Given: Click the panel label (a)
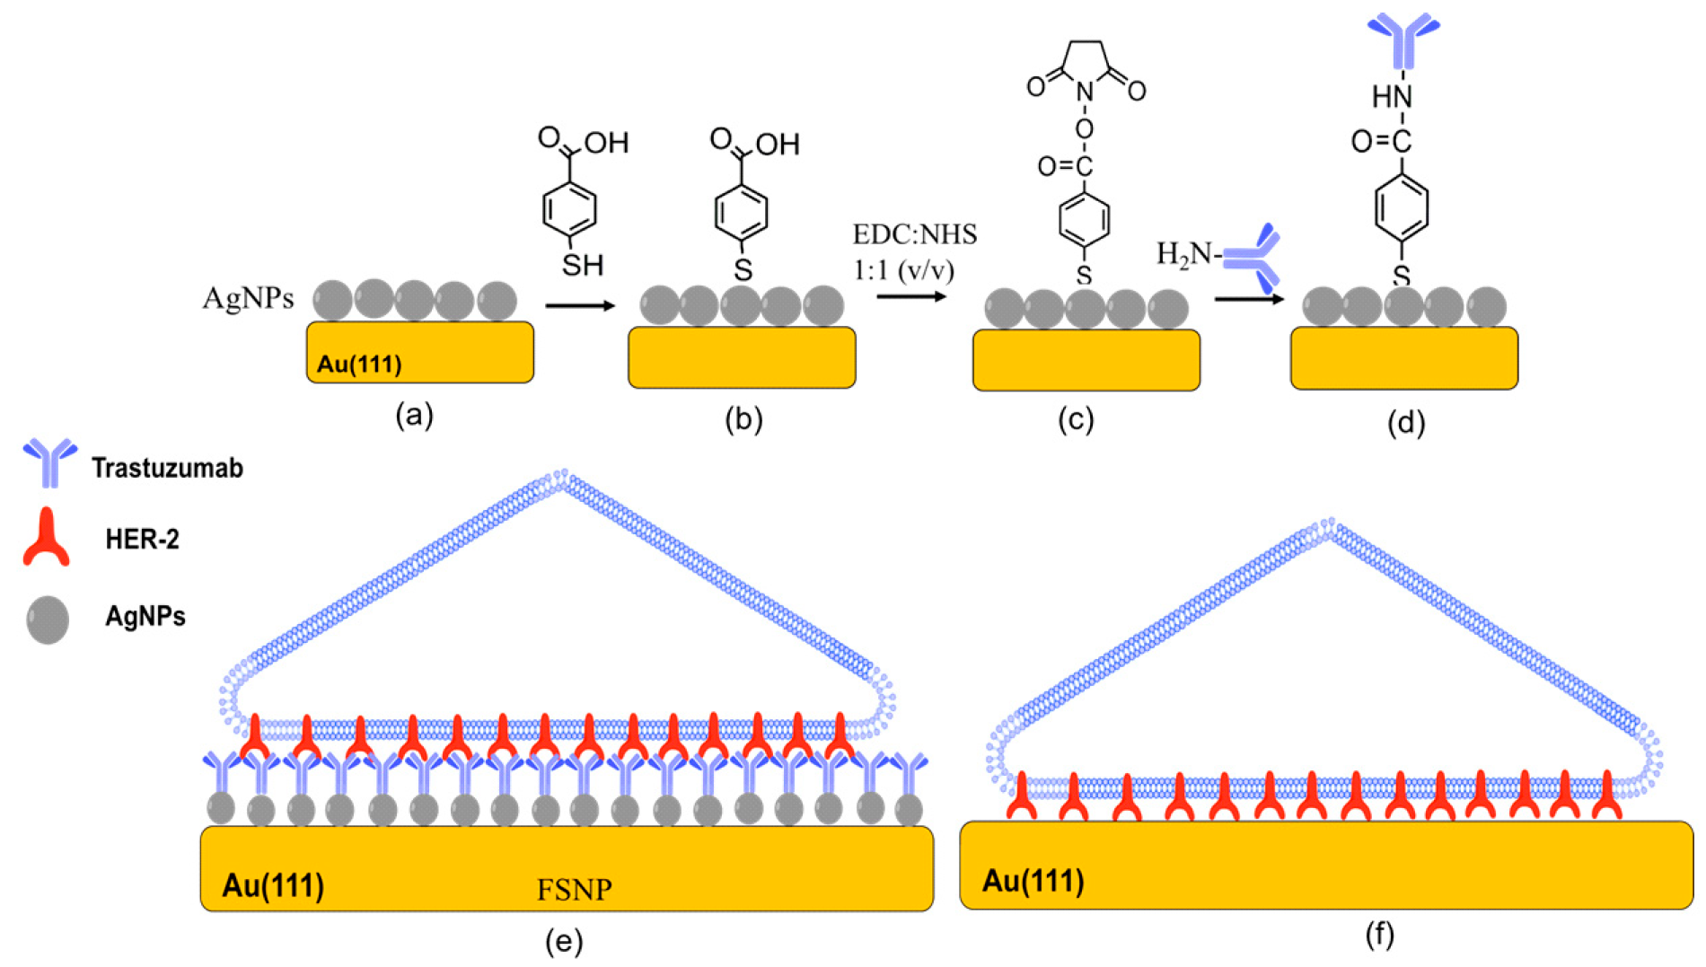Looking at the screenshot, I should pos(415,416).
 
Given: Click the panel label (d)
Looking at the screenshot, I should pos(1406,422).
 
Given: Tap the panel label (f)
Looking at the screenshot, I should pos(1379,936).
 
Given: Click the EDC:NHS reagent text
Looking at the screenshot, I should pos(914,235).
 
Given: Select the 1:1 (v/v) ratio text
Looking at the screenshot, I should pos(903,269).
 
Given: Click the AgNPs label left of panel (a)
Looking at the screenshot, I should pos(248,298).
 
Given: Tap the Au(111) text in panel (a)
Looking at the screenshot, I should pos(359,364).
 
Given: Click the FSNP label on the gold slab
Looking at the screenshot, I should pos(575,890).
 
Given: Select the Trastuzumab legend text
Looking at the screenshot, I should pos(167,468).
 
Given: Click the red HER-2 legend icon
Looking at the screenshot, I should pos(46,537).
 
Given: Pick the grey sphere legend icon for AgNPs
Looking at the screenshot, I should pos(48,620).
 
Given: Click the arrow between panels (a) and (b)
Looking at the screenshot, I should pos(580,306).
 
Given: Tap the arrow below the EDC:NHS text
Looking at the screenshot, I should pos(911,296).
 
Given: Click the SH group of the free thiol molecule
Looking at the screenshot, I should pos(582,265).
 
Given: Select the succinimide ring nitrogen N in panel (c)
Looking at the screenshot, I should pos(1085,92).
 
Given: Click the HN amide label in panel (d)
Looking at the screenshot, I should pos(1392,96).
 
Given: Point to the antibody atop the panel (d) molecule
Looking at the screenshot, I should pos(1403,40).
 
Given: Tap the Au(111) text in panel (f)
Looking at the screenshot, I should pos(1033,881).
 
